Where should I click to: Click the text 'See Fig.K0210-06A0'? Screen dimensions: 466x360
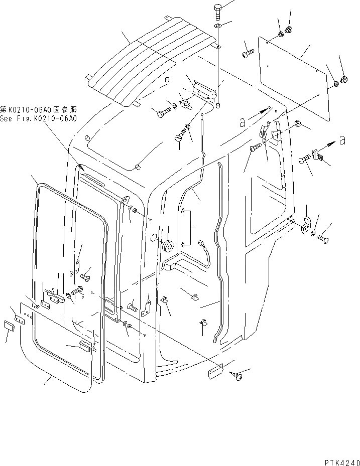coord(38,119)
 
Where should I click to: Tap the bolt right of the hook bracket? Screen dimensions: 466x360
coord(323,238)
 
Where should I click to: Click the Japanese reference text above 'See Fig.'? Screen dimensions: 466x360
coord(38,109)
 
